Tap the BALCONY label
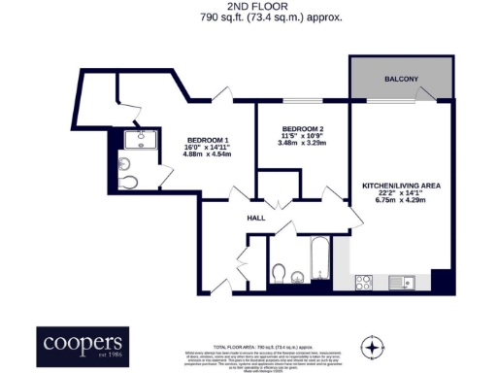401,79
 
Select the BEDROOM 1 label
208,140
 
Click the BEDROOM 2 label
303,129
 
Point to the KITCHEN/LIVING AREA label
400,184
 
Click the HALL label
256,218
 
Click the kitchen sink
406,283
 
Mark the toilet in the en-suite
126,183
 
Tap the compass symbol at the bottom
372,346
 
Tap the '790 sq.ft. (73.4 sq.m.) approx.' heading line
248,17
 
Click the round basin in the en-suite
125,161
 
